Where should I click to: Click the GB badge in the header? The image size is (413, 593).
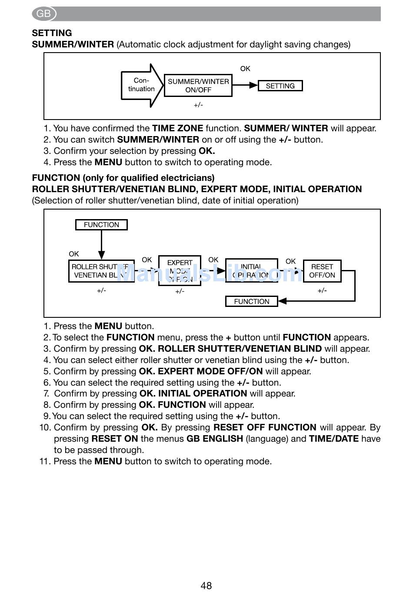pyautogui.click(x=44, y=14)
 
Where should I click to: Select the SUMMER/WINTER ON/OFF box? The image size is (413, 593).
pyautogui.click(x=198, y=86)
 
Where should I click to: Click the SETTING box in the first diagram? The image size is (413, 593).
pyautogui.click(x=280, y=86)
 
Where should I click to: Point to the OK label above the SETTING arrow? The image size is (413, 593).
pyautogui.click(x=245, y=69)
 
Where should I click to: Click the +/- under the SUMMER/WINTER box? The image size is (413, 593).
pyautogui.click(x=198, y=105)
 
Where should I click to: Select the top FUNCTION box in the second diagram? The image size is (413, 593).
pyautogui.click(x=101, y=225)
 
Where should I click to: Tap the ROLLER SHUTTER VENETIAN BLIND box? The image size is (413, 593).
pyautogui.click(x=101, y=271)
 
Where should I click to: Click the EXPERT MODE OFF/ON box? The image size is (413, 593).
pyautogui.click(x=180, y=271)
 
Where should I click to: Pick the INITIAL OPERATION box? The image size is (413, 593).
pyautogui.click(x=251, y=271)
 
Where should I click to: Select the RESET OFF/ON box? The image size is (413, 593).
pyautogui.click(x=322, y=271)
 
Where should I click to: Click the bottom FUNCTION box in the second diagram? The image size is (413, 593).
pyautogui.click(x=251, y=301)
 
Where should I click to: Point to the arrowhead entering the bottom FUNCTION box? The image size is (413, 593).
pyautogui.click(x=282, y=301)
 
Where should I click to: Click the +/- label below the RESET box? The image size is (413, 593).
pyautogui.click(x=322, y=290)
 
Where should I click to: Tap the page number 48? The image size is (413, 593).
pyautogui.click(x=206, y=586)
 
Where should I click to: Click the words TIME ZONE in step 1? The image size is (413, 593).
pyautogui.click(x=177, y=128)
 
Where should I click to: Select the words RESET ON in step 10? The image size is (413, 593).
pyautogui.click(x=115, y=439)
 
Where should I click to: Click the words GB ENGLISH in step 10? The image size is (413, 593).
pyautogui.click(x=215, y=439)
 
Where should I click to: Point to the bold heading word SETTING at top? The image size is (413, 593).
pyautogui.click(x=52, y=33)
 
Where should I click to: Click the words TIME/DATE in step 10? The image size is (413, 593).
pyautogui.click(x=334, y=439)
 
